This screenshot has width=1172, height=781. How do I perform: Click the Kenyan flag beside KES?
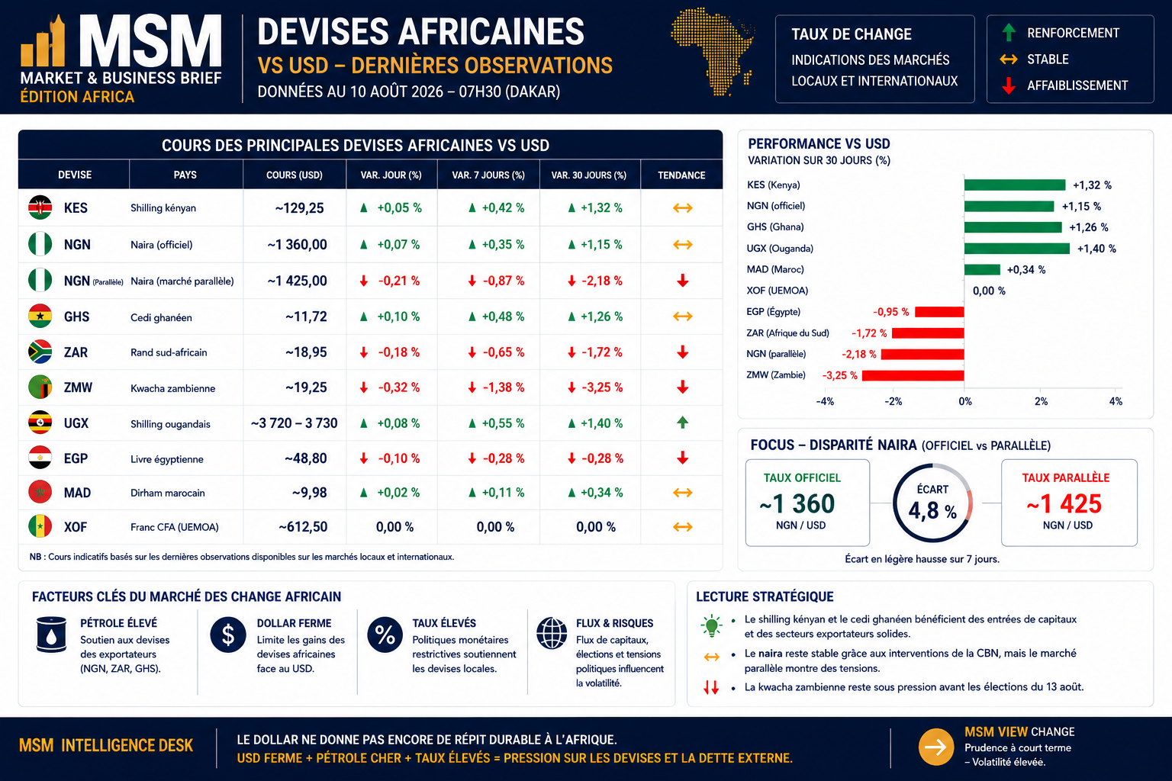(40, 207)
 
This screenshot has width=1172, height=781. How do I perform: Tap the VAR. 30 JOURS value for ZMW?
(595, 387)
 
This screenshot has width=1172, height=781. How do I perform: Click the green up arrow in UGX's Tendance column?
(682, 422)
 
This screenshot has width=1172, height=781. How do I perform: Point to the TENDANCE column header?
(681, 175)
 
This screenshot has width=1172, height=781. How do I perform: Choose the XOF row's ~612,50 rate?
(303, 527)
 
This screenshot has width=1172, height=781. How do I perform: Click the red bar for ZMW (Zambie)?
(913, 375)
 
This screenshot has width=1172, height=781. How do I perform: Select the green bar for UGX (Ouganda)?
(1016, 249)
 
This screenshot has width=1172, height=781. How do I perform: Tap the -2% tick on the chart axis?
(893, 401)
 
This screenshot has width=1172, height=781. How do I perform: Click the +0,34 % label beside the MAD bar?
(1026, 270)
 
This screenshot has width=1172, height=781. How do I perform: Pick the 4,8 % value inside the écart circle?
(932, 510)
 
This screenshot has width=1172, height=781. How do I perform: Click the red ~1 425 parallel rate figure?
(1064, 503)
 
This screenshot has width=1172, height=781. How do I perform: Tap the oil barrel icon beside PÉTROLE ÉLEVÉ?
(51, 635)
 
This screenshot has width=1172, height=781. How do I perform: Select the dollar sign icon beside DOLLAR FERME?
(228, 635)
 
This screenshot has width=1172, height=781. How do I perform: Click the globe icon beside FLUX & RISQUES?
(552, 633)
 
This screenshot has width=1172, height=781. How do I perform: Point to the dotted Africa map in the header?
(713, 51)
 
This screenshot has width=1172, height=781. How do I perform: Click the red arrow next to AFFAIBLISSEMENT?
(1009, 85)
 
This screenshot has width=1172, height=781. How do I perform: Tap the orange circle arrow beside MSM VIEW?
(936, 747)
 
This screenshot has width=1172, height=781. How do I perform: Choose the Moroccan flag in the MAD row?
(40, 492)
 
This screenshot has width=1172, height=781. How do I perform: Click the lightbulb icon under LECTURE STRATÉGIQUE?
(711, 625)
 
